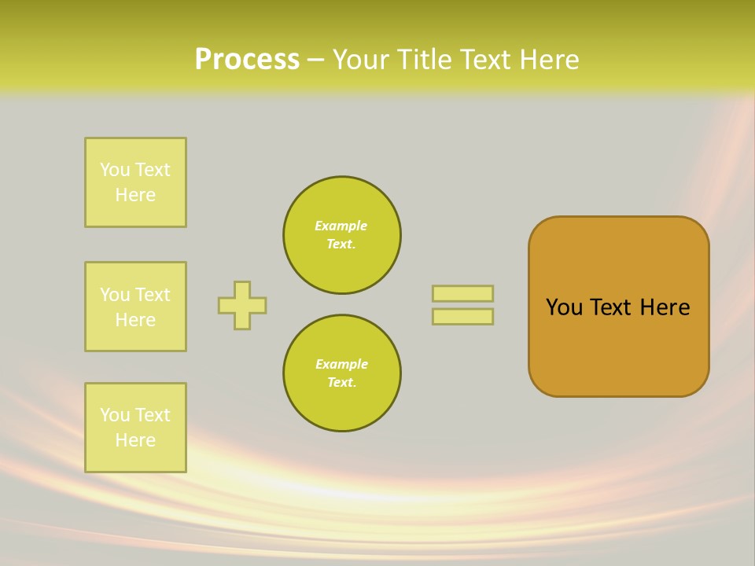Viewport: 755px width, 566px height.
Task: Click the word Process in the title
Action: [247, 60]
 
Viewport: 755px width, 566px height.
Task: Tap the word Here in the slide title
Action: [547, 60]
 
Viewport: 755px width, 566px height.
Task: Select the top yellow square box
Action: [135, 182]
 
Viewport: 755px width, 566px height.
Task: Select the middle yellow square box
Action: [135, 307]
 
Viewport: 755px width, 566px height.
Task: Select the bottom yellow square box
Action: [135, 428]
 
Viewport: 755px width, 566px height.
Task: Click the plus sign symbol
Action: [242, 305]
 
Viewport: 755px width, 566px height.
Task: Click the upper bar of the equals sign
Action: [462, 293]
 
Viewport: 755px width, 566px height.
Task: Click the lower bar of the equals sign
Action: [462, 317]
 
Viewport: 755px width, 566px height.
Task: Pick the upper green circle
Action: [342, 235]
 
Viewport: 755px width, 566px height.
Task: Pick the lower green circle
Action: [342, 373]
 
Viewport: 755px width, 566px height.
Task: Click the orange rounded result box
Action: [619, 307]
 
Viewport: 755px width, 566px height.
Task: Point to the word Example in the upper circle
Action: [341, 226]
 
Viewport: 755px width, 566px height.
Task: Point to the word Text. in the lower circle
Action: [341, 383]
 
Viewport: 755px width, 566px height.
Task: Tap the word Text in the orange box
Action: [612, 307]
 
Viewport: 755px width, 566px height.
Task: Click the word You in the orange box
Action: [564, 307]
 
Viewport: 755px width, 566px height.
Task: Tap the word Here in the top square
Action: [135, 195]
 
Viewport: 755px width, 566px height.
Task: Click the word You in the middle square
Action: [116, 295]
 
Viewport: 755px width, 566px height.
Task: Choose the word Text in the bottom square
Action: [153, 415]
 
